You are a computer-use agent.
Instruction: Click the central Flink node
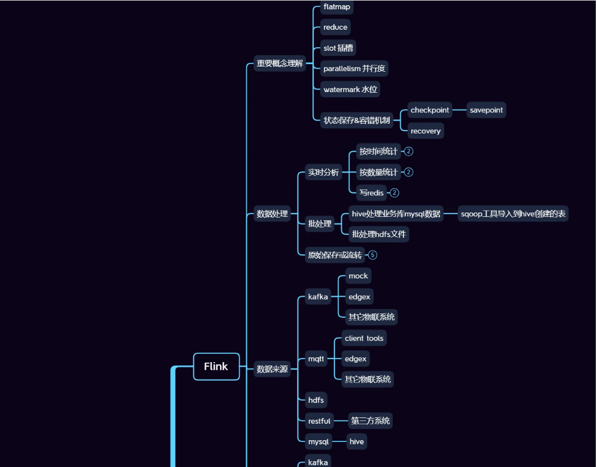coord(216,367)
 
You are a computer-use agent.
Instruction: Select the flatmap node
coord(337,7)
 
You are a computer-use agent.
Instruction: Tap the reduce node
coord(335,27)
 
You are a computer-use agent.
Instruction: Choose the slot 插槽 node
coord(338,48)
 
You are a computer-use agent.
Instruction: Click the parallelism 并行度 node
coord(354,69)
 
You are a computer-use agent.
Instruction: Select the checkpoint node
coord(430,110)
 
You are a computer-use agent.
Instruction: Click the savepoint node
coord(486,110)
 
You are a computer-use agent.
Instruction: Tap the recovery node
coord(425,131)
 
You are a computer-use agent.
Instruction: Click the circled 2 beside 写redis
coord(395,193)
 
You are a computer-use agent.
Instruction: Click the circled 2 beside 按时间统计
coord(409,152)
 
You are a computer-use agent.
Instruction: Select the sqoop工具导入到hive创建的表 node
coord(513,214)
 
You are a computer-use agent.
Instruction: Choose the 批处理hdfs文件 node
coord(379,234)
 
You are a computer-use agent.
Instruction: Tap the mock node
coord(358,276)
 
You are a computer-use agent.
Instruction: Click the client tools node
coord(364,338)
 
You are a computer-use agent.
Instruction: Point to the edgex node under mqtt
coord(355,359)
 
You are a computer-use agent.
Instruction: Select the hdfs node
coord(316,400)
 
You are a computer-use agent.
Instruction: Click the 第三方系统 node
coord(371,421)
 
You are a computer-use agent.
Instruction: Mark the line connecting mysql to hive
coord(339,441)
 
